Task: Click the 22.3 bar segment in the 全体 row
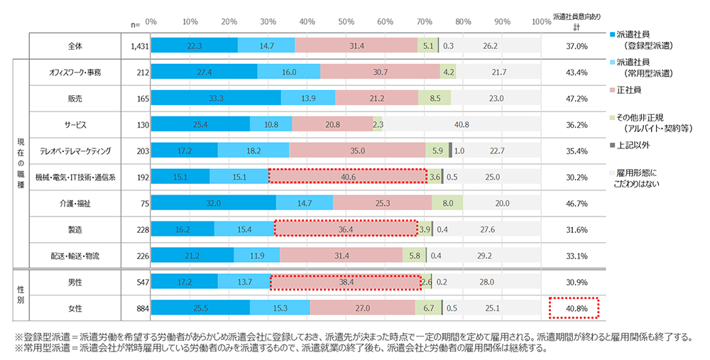pyautogui.click(x=195, y=45)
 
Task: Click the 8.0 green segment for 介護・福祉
pyautogui.click(x=447, y=203)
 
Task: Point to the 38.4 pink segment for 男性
pyautogui.click(x=346, y=282)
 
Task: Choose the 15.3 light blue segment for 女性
pyautogui.click(x=280, y=307)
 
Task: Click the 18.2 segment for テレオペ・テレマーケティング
pyautogui.click(x=253, y=151)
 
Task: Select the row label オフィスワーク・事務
pyautogui.click(x=75, y=72)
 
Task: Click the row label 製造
pyautogui.click(x=75, y=229)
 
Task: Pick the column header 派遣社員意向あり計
pyautogui.click(x=577, y=21)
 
